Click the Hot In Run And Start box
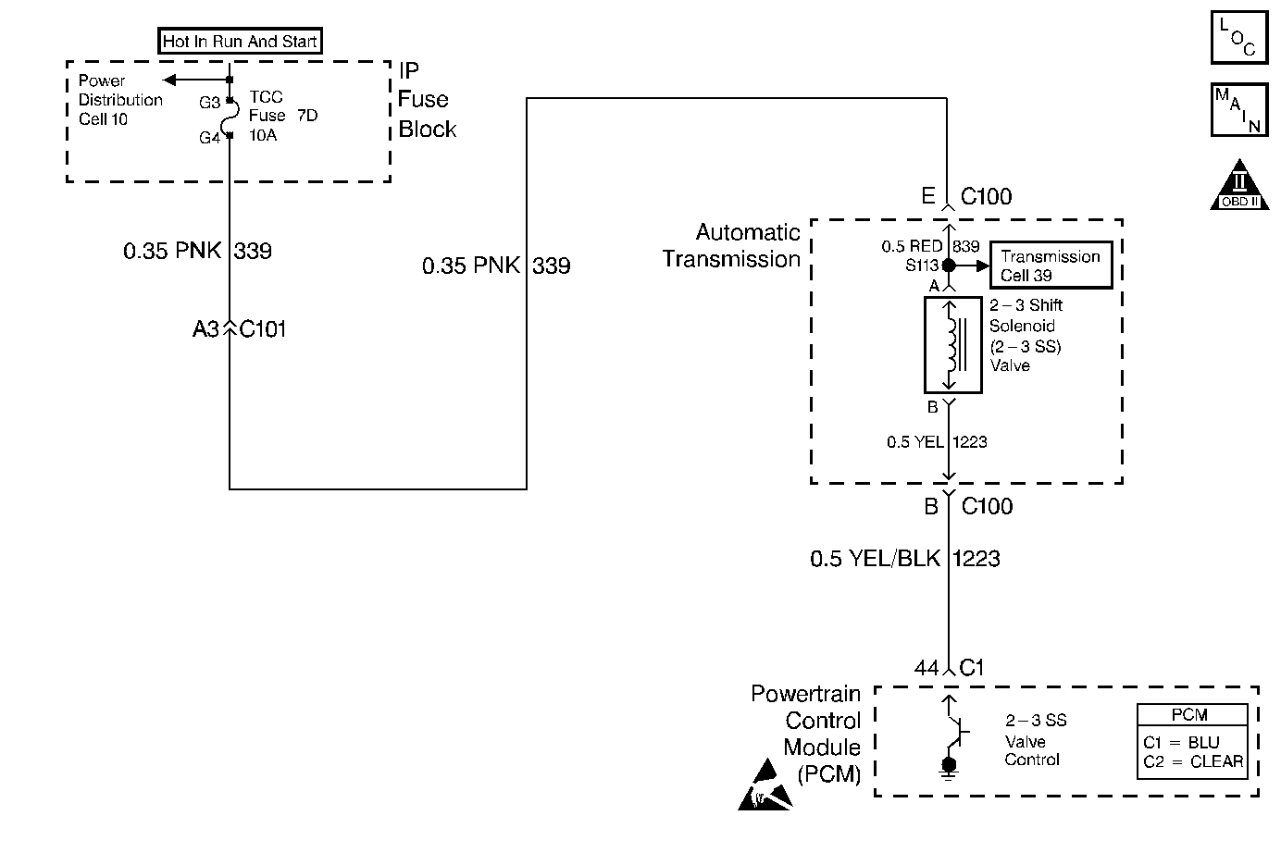(240, 41)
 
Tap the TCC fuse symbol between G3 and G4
(230, 118)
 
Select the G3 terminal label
(209, 103)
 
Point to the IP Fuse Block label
(428, 100)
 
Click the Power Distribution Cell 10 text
(120, 100)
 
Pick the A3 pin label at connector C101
(205, 329)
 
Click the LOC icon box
(1239, 38)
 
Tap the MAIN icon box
(1239, 110)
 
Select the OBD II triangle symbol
(1239, 185)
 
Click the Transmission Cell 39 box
(1051, 266)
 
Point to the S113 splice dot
(949, 266)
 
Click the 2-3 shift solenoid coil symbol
(953, 345)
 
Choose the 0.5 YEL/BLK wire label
(875, 559)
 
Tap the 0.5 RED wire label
(912, 246)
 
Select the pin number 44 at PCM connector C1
(927, 667)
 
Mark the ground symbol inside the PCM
(949, 769)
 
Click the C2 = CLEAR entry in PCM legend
(1193, 761)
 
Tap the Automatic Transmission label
(731, 245)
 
